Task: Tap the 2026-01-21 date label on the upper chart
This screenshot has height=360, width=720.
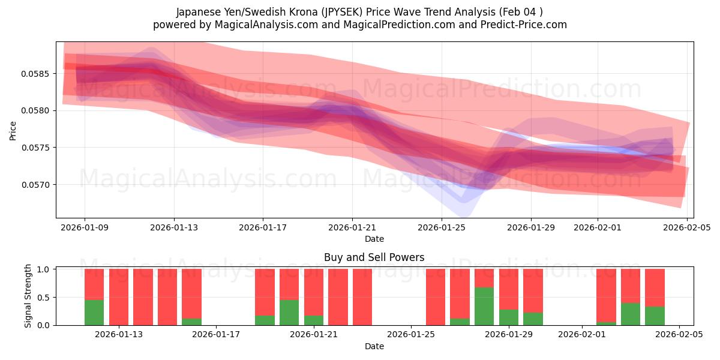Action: tap(352, 228)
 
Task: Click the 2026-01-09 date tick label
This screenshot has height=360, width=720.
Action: tap(84, 228)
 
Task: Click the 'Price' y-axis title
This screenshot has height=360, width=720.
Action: tap(13, 130)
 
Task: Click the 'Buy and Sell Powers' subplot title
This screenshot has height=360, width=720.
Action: tap(374, 257)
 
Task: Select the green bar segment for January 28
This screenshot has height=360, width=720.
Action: tap(484, 306)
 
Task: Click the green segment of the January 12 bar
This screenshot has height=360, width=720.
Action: tap(94, 312)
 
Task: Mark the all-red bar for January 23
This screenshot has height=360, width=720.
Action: tap(362, 297)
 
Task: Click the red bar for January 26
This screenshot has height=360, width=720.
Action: tap(436, 297)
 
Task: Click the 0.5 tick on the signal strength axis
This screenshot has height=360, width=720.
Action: tap(45, 297)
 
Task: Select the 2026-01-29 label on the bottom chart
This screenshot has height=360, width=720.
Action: tap(509, 334)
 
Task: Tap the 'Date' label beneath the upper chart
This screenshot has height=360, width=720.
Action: tap(374, 239)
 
